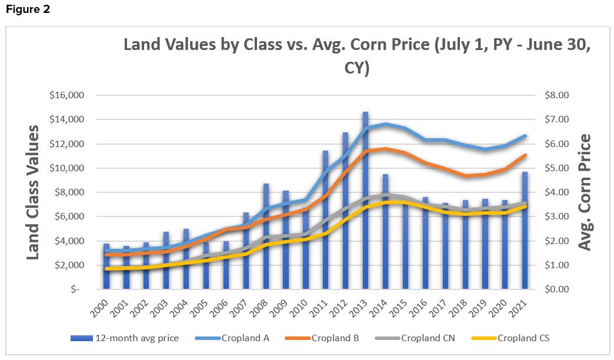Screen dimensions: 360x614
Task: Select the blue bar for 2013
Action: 365,200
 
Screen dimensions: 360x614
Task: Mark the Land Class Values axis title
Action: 34,192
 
